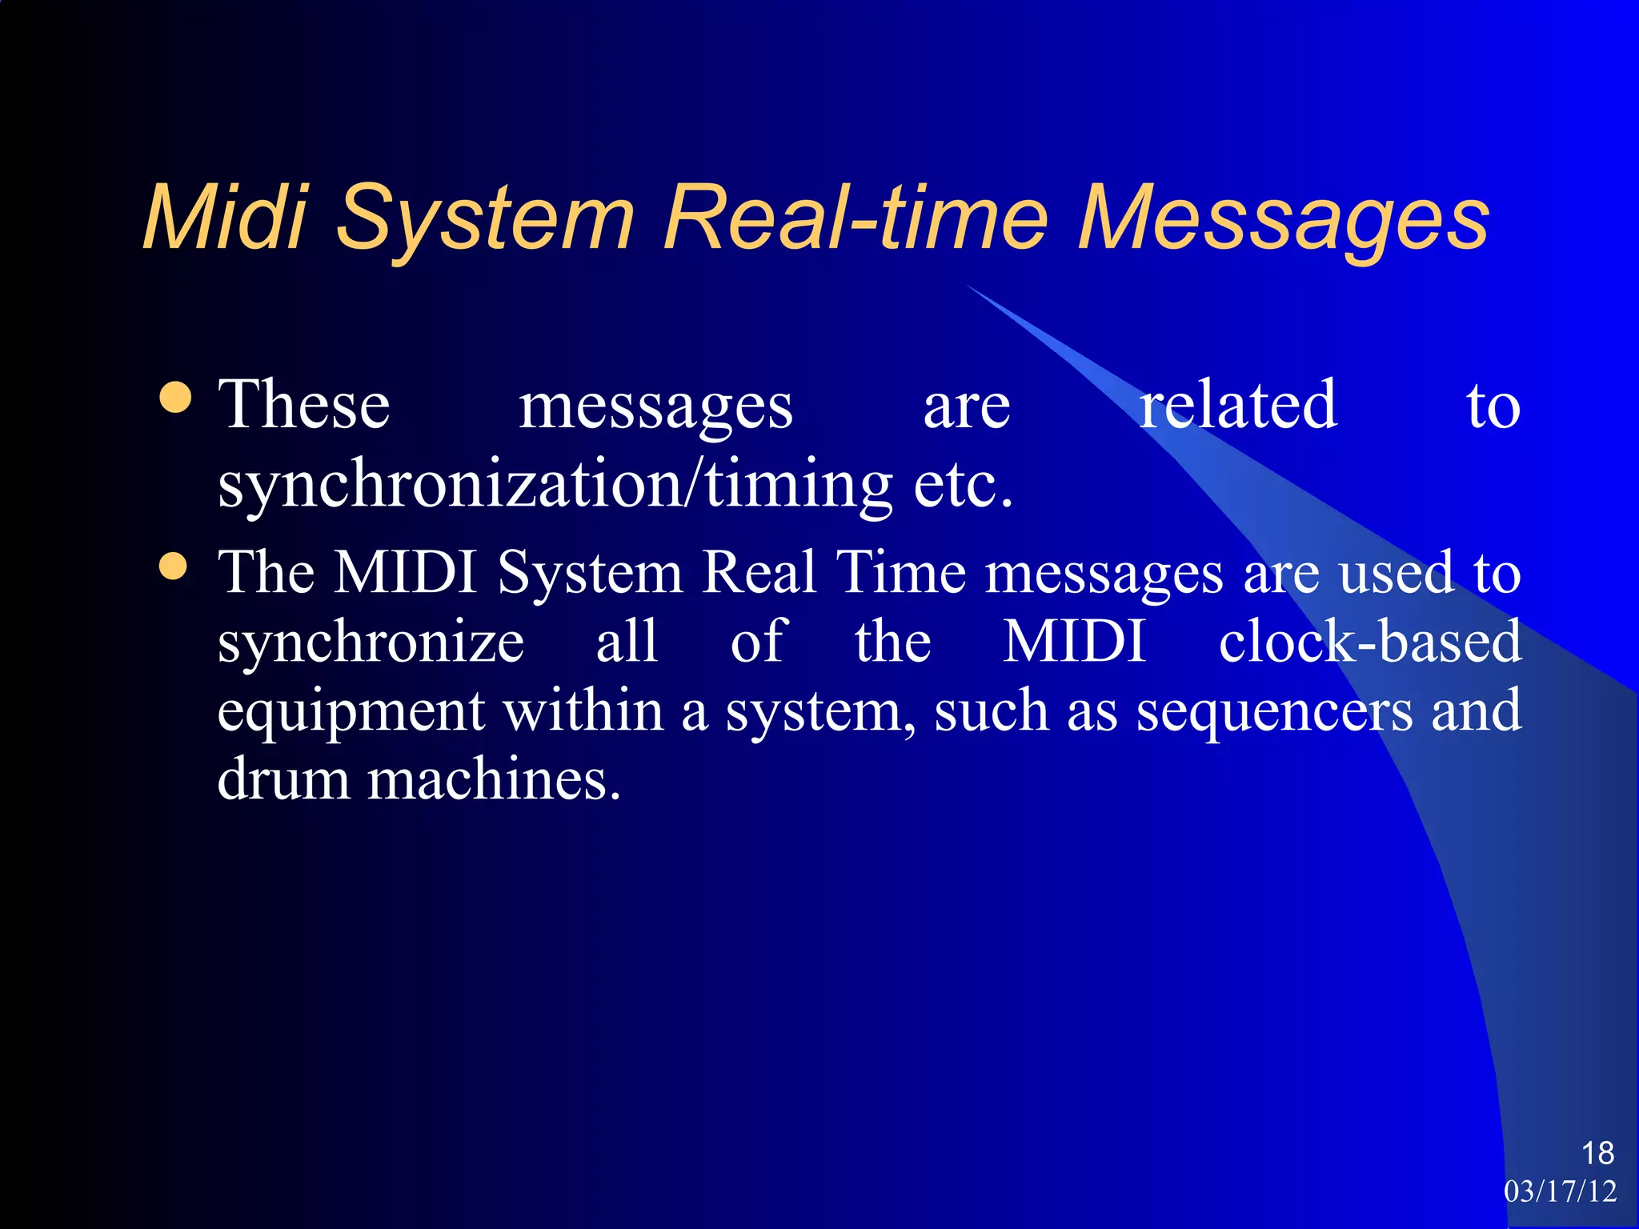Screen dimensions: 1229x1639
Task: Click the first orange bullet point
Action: tap(175, 398)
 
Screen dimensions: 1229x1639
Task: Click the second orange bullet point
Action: tap(174, 566)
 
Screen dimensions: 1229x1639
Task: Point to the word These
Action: tap(304, 405)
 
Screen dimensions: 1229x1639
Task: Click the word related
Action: tap(1237, 405)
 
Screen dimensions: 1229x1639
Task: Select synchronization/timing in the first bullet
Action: tap(555, 485)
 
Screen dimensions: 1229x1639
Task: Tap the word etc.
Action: tap(963, 485)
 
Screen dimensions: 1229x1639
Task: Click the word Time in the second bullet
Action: tap(900, 573)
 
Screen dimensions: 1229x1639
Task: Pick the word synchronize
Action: tap(371, 643)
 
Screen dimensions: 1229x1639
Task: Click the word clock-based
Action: tap(1369, 642)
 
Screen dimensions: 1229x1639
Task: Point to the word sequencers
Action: tap(1274, 711)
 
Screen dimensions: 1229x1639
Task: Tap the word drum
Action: tap(283, 779)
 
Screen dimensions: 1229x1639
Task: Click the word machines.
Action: tap(493, 779)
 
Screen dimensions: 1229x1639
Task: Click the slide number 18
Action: tap(1597, 1153)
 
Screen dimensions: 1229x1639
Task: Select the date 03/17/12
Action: tap(1560, 1191)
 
